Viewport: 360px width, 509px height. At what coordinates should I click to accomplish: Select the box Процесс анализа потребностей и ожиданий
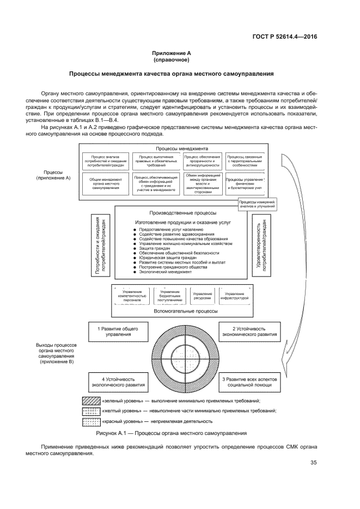tap(105, 161)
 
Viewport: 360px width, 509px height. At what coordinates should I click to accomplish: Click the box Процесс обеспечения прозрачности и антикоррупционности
tap(202, 161)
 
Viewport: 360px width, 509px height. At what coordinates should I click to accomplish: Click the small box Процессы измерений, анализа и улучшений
tap(258, 205)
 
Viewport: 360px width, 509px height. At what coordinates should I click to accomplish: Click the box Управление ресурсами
tap(203, 296)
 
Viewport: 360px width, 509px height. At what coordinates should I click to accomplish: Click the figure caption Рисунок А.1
tap(172, 433)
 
